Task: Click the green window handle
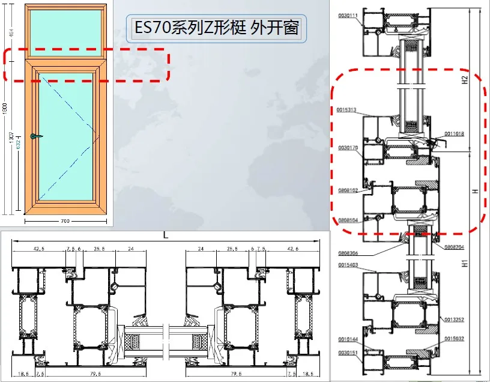click(37, 137)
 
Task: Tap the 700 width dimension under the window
click(65, 221)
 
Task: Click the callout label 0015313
click(348, 110)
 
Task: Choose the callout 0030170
click(348, 147)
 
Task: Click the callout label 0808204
click(455, 247)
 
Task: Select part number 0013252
click(455, 319)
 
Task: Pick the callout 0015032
click(455, 340)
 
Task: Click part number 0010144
click(348, 339)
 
